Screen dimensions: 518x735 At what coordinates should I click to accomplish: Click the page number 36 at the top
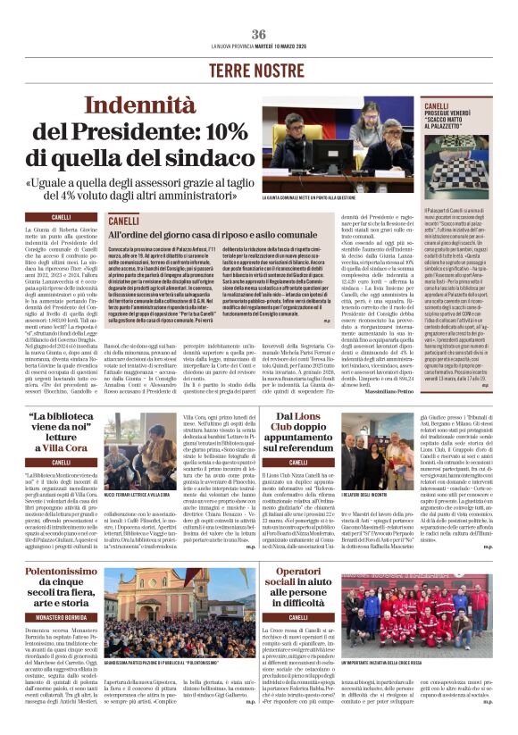[259, 34]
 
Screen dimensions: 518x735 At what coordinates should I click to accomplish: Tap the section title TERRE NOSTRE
[259, 70]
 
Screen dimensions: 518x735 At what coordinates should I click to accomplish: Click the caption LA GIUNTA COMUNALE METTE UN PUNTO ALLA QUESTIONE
[315, 197]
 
